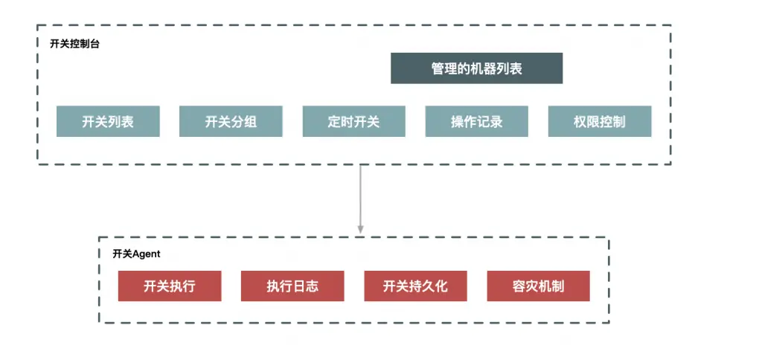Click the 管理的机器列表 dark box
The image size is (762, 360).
click(x=476, y=68)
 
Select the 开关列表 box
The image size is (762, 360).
click(x=108, y=121)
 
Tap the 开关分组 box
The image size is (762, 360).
click(x=231, y=121)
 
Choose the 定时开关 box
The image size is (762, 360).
click(x=353, y=121)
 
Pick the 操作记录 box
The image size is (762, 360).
click(x=476, y=121)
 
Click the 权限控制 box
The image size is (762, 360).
click(x=599, y=121)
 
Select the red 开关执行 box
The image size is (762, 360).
click(x=169, y=286)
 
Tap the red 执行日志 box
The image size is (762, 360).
click(x=292, y=286)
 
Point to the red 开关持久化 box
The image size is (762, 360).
click(x=415, y=286)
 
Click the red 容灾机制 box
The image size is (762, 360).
click(x=538, y=286)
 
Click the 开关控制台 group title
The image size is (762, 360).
click(x=74, y=44)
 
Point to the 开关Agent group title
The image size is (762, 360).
click(x=136, y=254)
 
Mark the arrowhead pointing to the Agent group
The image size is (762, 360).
click(x=360, y=228)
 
